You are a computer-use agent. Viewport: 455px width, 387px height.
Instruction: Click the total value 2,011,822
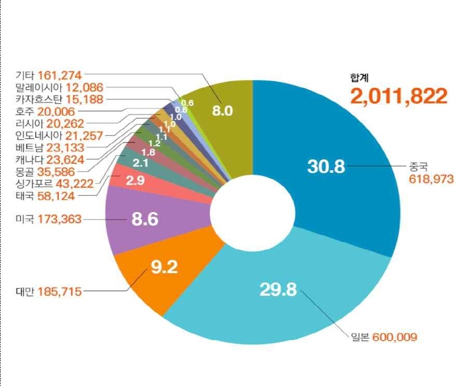coord(399,96)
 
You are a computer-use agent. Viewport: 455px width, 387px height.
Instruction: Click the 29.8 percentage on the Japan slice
coord(278,289)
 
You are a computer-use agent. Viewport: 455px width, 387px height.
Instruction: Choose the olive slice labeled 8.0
coord(223,111)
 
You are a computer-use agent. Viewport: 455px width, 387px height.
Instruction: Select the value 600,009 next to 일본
coord(395,336)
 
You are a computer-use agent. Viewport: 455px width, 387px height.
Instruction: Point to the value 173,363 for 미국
coord(60,219)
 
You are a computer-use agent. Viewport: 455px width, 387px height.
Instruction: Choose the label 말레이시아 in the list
coord(38,87)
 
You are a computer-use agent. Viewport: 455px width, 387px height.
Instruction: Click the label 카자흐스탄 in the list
coord(38,99)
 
